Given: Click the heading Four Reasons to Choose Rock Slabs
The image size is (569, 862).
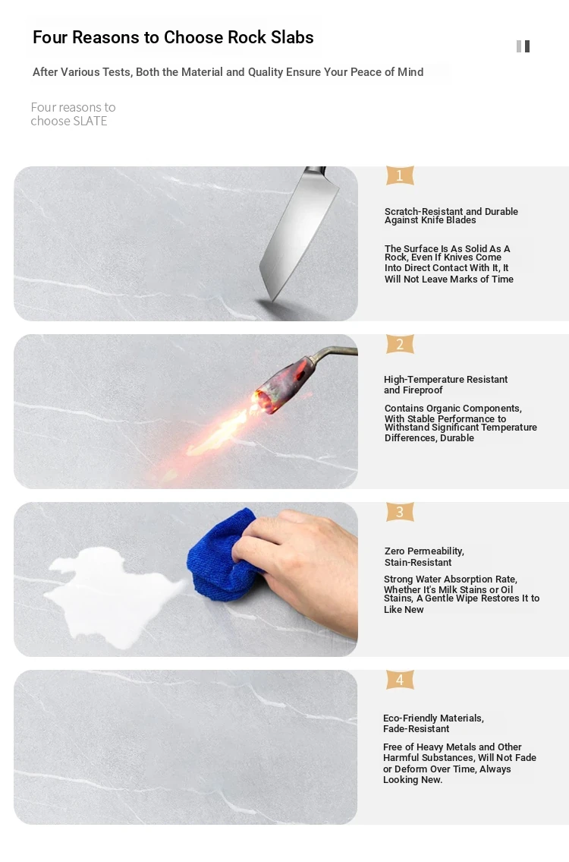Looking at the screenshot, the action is click(x=173, y=37).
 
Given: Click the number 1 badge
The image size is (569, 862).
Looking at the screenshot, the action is click(x=400, y=175).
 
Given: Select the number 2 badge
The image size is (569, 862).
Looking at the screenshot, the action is click(x=400, y=344).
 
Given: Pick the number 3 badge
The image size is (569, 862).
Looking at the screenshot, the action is click(x=400, y=512).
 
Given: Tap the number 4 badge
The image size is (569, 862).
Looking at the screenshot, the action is click(x=400, y=680).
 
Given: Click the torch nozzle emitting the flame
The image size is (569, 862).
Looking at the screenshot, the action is click(x=269, y=396).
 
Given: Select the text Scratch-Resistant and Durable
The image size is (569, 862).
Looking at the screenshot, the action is click(x=451, y=212).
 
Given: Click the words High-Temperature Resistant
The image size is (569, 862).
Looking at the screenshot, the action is click(x=445, y=379).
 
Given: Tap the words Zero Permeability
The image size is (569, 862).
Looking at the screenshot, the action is click(x=423, y=551).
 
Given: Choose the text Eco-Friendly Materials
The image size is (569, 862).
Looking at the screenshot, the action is click(x=432, y=718).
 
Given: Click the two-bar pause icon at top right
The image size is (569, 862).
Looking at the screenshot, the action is click(x=523, y=46).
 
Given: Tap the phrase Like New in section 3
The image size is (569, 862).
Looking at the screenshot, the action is click(x=404, y=610).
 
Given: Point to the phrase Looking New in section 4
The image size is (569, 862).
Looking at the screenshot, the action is click(x=412, y=779).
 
